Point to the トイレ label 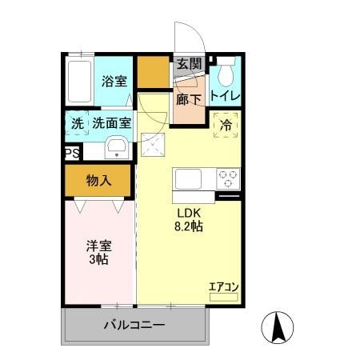pyautogui.click(x=224, y=97)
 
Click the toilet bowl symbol pyautogui.click(x=224, y=73)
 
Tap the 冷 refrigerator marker pyautogui.click(x=226, y=126)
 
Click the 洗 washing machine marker pyautogui.click(x=77, y=124)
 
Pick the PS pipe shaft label pyautogui.click(x=72, y=152)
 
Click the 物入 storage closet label pyautogui.click(x=98, y=181)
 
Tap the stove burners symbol pyautogui.click(x=228, y=178)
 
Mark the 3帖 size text pyautogui.click(x=98, y=261)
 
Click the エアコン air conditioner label pyautogui.click(x=224, y=286)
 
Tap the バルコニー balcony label pyautogui.click(x=134, y=326)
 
